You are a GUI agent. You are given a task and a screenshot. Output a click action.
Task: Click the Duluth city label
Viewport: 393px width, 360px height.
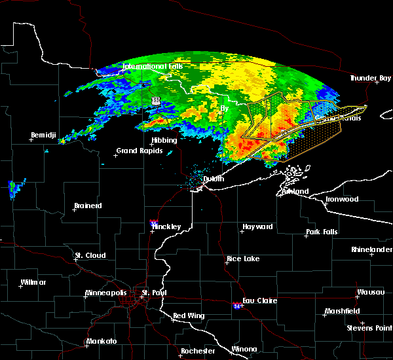pos(214,179)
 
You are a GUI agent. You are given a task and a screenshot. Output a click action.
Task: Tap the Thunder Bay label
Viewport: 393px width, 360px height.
pos(370,79)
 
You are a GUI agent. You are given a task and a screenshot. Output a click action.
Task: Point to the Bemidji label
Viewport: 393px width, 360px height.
pos(45,135)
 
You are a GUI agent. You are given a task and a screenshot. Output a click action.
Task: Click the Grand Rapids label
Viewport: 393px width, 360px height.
pos(137,151)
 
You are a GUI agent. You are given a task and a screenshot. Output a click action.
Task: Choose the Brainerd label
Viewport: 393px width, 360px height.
pos(88,206)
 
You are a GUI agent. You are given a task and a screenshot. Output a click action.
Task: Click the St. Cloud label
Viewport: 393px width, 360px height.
pos(88,255)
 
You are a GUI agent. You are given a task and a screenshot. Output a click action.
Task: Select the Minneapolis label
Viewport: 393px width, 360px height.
pos(108,293)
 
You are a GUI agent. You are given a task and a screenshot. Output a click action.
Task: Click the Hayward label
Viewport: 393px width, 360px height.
pos(257,226)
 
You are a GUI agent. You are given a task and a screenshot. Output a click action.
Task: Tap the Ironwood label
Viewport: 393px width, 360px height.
pos(343,199)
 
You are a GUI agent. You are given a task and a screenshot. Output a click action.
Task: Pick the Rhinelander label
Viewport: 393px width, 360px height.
pos(372,249)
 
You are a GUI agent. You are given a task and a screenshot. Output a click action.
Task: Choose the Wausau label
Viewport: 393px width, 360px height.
pos(370,292)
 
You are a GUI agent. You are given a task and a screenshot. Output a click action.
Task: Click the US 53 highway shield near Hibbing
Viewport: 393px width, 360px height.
pos(156,101)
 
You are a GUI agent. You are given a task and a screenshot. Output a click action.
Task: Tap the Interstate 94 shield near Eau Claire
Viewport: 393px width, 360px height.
pos(235,306)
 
